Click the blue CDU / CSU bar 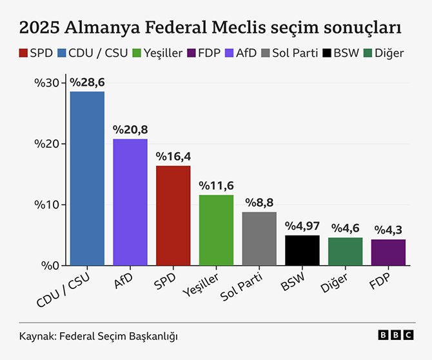point(87,179)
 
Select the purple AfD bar point(130,202)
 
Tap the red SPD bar point(173,215)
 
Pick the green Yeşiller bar point(216,230)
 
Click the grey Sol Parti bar point(259,239)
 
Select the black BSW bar point(302,250)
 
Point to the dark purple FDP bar point(388,252)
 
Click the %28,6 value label point(87,83)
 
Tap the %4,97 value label point(302,226)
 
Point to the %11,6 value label point(216,186)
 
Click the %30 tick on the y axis point(49,83)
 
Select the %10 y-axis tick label point(49,205)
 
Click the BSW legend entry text point(346,53)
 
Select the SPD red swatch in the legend point(23,53)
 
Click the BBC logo point(396,335)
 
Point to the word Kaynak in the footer point(36,336)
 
